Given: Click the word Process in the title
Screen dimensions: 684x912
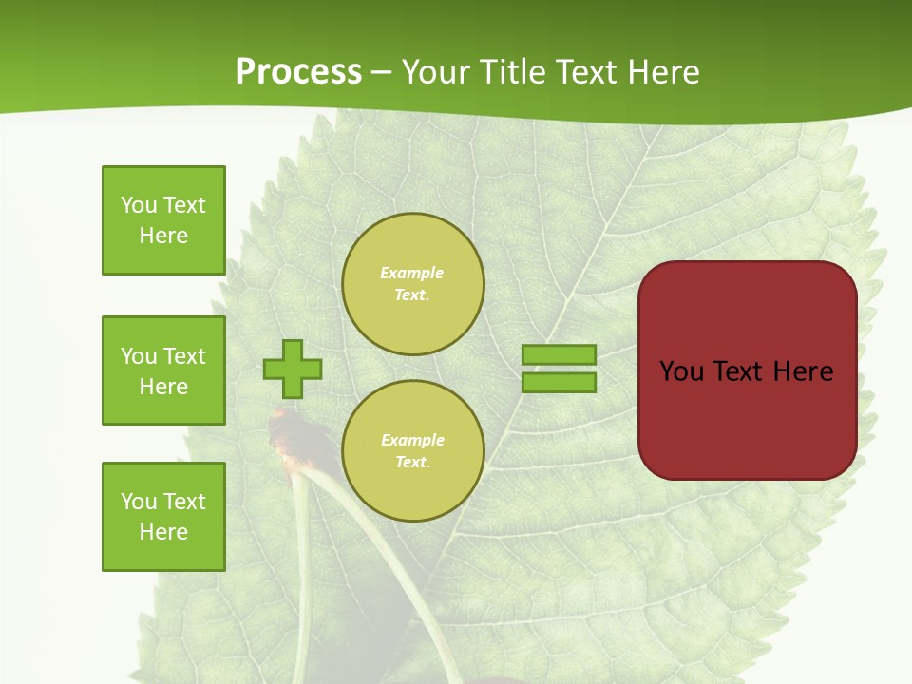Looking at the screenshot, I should click(x=298, y=72).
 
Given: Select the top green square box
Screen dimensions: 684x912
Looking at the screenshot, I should click(x=163, y=220).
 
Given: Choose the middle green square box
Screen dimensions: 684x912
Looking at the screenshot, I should click(x=163, y=370).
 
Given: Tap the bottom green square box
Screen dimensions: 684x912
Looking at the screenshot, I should click(x=163, y=517).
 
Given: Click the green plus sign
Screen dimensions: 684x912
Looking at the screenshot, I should click(x=293, y=370).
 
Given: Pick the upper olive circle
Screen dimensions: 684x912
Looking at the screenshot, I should click(x=413, y=284).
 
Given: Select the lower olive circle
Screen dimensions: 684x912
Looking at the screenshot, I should click(x=413, y=451).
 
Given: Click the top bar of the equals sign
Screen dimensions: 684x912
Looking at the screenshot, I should click(x=560, y=355).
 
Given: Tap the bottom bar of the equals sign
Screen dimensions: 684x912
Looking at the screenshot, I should click(x=560, y=383).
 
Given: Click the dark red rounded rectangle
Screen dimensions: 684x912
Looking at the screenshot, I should click(x=748, y=418).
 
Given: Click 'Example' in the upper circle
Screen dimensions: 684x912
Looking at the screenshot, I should click(x=412, y=273).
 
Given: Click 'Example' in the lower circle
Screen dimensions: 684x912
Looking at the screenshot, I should click(x=412, y=440).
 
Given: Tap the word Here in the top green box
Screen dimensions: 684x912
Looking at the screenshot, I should click(x=163, y=236).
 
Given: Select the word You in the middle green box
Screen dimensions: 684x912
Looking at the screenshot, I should click(x=139, y=356).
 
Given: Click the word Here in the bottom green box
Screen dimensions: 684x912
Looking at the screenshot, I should click(x=163, y=532).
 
